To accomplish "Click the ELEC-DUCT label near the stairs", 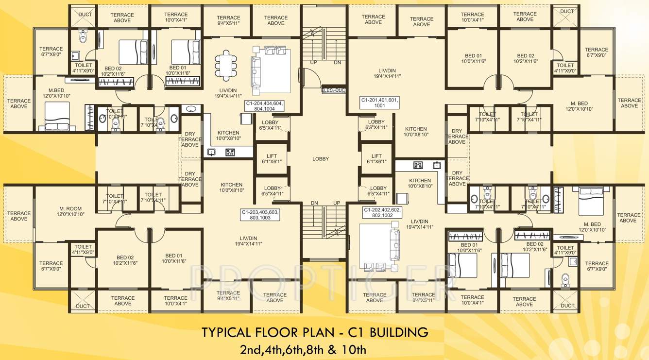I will [x=334, y=90].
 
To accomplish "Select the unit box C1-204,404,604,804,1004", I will [x=264, y=106].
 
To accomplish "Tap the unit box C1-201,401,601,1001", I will [x=379, y=103].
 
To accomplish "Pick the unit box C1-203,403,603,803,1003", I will [x=260, y=215].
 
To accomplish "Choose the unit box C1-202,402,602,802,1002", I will [x=382, y=212].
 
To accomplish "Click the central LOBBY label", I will [x=321, y=159].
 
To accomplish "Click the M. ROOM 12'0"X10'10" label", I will [x=70, y=211].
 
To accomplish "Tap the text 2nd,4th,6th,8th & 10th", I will [x=303, y=349].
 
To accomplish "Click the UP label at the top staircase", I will [x=314, y=63].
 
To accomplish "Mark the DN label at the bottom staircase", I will [x=314, y=203].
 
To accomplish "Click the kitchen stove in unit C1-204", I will [x=230, y=152].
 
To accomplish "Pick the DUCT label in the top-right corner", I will [x=567, y=11].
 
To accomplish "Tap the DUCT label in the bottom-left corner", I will [x=83, y=306].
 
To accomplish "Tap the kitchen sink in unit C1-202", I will [x=437, y=165].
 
